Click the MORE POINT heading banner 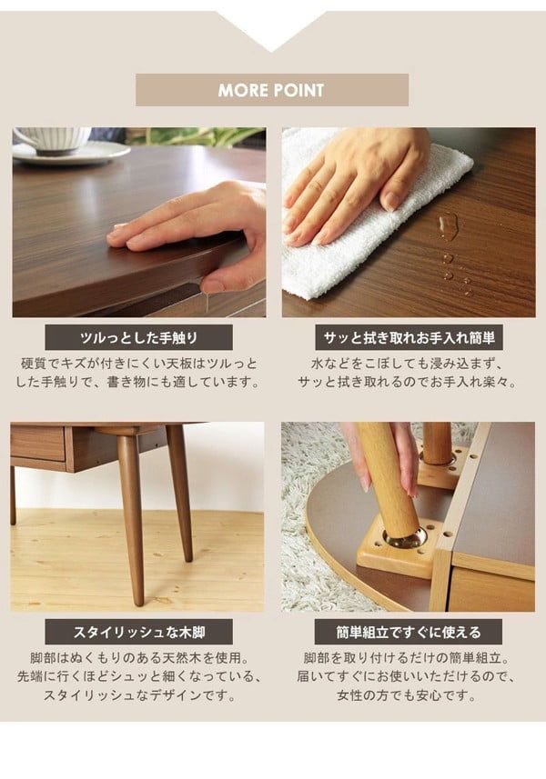click(271, 90)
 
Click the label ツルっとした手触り click(138, 339)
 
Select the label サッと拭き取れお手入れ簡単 click(409, 339)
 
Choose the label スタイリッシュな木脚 click(138, 632)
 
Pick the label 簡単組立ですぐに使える click(409, 632)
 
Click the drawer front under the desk click(37, 444)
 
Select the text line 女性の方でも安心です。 click(409, 696)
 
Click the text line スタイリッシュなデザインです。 click(138, 696)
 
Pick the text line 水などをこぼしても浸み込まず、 click(409, 364)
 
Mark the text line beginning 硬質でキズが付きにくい click(138, 364)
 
